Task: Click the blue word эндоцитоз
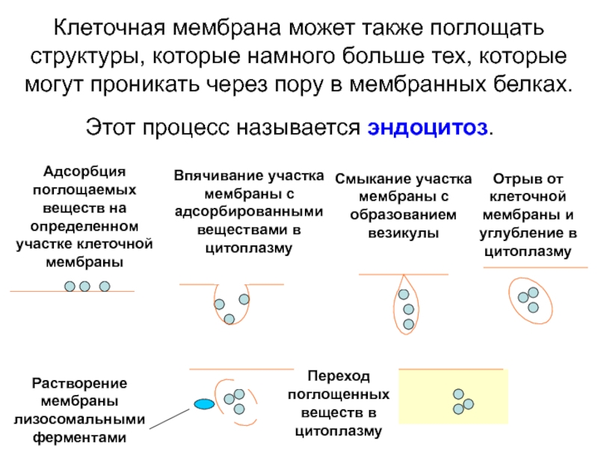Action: pos(427,128)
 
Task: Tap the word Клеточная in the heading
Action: pos(109,28)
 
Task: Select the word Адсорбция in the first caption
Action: pos(84,172)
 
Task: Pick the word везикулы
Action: pos(403,233)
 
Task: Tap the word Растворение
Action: pos(79,383)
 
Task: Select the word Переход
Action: pos(339,376)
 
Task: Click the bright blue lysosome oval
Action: pos(204,404)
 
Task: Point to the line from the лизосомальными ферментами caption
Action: pos(170,419)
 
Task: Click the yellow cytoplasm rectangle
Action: pos(454,397)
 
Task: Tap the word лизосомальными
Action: pos(79,420)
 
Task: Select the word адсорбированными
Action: pos(249,212)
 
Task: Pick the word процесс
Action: pos(186,128)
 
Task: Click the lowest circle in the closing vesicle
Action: pos(408,325)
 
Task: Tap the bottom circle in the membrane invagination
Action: pos(229,320)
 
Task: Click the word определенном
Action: pos(84,227)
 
